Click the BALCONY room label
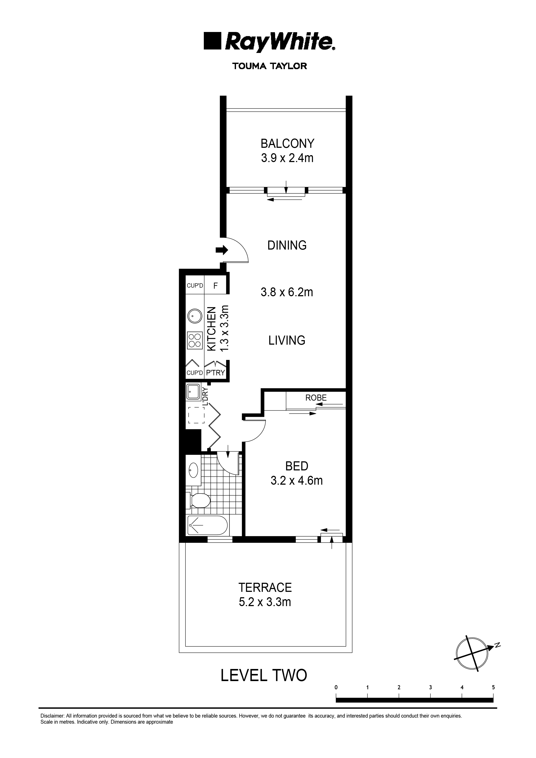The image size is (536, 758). click(287, 144)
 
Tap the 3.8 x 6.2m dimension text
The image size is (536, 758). click(287, 292)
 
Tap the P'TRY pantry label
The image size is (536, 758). click(215, 373)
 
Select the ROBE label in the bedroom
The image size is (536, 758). click(316, 398)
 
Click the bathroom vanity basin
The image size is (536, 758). click(193, 469)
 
